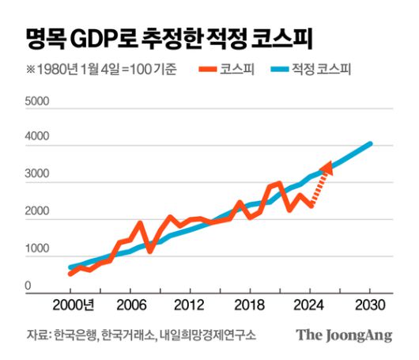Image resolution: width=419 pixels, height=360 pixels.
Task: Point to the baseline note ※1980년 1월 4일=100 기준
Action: click(101, 69)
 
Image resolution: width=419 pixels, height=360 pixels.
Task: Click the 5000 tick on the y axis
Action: click(37, 102)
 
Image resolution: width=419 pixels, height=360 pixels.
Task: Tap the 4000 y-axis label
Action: click(37, 138)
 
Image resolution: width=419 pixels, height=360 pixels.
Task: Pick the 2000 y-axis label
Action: click(37, 212)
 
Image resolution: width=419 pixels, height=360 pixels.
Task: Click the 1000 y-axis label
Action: click(37, 249)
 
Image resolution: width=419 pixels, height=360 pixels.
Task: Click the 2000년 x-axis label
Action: click(76, 306)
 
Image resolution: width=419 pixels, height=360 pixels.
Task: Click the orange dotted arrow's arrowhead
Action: click(327, 166)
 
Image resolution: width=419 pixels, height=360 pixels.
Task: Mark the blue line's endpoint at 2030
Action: click(369, 144)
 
